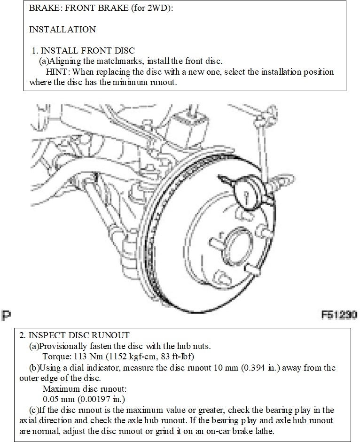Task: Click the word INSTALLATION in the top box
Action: [x=63, y=30]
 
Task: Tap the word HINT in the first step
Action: [x=58, y=72]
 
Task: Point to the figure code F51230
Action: [x=339, y=314]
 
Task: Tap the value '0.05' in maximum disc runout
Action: [x=51, y=399]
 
